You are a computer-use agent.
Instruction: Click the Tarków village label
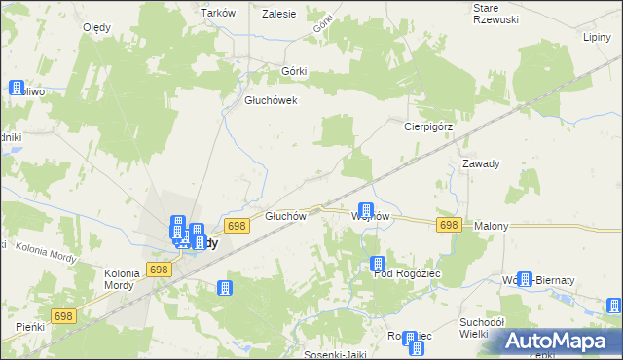[219, 13]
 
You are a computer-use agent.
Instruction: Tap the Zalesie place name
[279, 13]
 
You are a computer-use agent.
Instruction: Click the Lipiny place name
[596, 37]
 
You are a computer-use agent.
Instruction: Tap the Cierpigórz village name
[431, 126]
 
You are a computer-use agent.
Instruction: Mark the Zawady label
[481, 163]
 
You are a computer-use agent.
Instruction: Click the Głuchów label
[286, 216]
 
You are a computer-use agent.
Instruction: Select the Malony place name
[492, 226]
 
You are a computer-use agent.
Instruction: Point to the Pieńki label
[30, 326]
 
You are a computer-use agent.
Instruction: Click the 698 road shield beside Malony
[448, 225]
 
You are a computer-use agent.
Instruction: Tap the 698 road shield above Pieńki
[64, 316]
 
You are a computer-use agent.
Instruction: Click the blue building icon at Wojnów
[366, 210]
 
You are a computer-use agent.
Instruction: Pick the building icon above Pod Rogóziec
[378, 264]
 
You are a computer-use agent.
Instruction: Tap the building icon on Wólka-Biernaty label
[526, 280]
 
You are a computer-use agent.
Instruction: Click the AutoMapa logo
[560, 341]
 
